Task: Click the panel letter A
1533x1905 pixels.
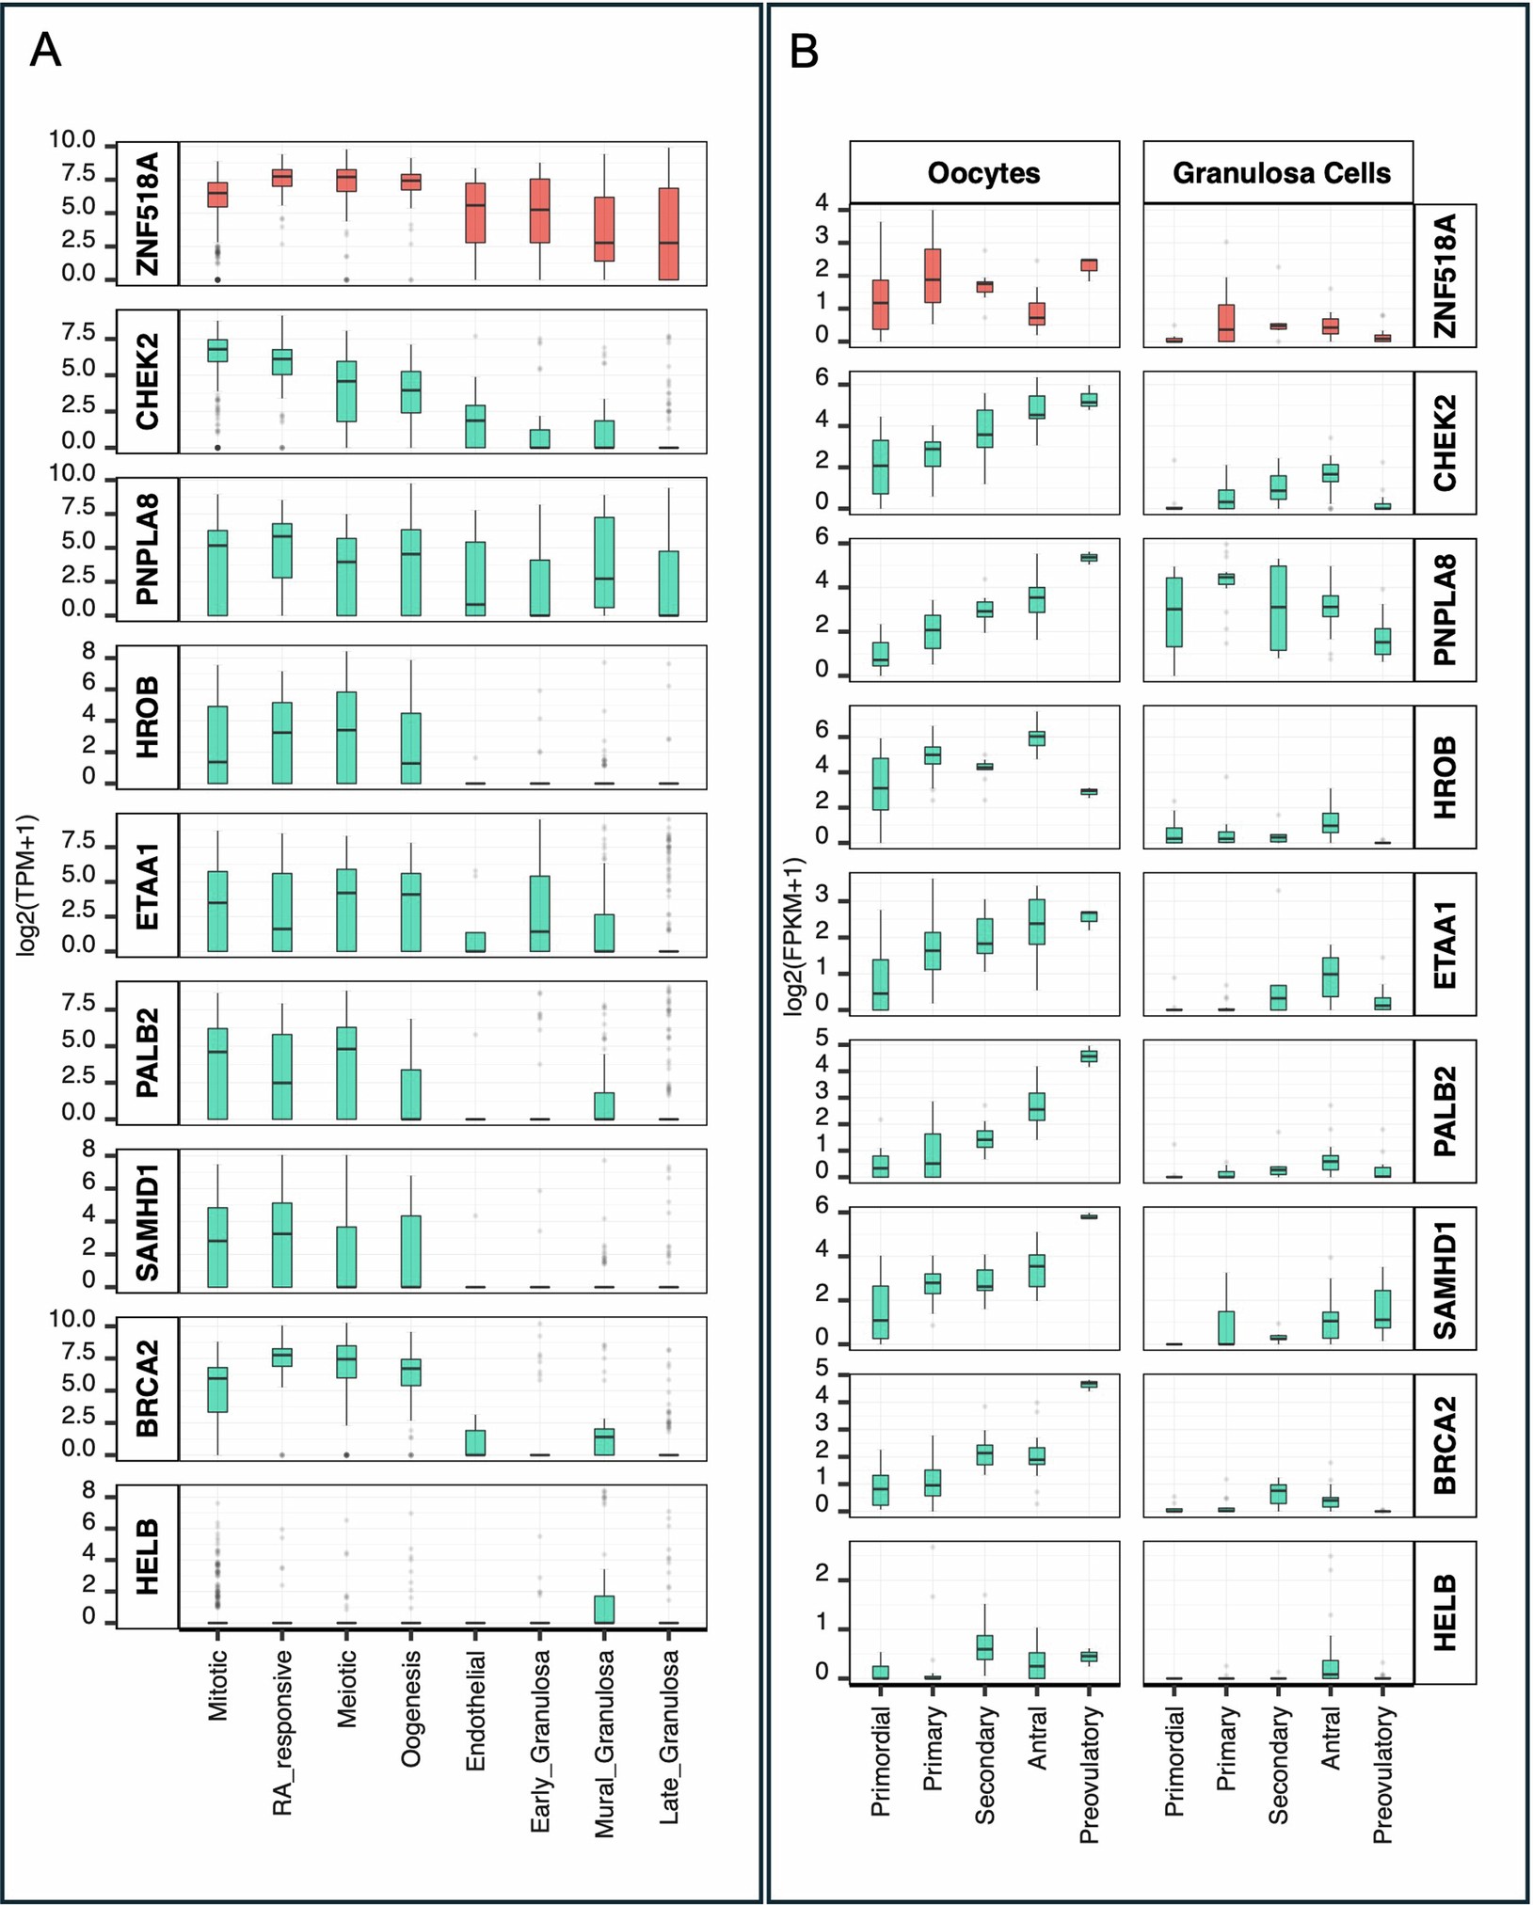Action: [45, 51]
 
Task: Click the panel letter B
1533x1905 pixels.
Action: [804, 52]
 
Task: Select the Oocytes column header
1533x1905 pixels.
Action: [983, 173]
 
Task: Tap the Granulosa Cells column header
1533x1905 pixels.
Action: [1280, 173]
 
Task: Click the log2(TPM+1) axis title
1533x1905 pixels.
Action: [26, 885]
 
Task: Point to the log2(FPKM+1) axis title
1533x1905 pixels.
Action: [793, 936]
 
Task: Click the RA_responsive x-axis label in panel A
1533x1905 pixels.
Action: [282, 1732]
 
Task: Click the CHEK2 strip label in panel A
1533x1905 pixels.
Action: [148, 382]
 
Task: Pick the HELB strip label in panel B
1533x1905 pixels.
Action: [1445, 1612]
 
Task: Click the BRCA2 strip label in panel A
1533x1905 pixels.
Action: [148, 1389]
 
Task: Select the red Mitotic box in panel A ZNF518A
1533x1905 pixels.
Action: [217, 195]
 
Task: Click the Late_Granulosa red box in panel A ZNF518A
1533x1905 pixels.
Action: [668, 233]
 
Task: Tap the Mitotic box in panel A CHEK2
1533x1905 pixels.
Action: [217, 350]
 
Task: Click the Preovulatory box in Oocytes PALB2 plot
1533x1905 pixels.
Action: [1089, 1056]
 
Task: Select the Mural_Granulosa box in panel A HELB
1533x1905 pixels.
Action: [604, 1609]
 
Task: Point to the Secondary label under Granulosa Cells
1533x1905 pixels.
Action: [1277, 1766]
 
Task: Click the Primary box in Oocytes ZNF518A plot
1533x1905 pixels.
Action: [933, 276]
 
